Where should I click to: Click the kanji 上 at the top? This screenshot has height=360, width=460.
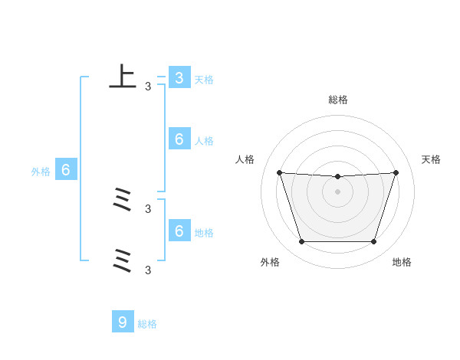(122, 77)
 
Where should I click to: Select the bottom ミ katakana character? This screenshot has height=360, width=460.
(122, 260)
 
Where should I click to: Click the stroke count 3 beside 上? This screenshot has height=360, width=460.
(148, 87)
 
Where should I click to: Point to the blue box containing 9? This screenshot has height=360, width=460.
(123, 322)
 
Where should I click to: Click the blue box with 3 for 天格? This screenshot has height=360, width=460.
(179, 78)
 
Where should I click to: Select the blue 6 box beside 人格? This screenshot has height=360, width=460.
(179, 139)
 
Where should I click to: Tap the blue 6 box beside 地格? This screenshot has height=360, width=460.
(179, 231)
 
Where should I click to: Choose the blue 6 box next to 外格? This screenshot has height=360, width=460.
(65, 170)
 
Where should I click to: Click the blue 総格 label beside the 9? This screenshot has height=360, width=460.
(147, 324)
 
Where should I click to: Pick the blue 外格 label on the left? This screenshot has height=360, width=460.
(41, 172)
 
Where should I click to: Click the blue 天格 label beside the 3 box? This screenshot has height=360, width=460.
(204, 80)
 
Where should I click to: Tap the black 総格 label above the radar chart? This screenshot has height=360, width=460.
(338, 100)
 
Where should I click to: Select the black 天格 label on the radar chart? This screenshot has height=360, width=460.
(432, 159)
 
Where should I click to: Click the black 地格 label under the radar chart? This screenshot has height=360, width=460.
(402, 262)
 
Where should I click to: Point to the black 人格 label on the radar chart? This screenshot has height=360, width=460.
(245, 159)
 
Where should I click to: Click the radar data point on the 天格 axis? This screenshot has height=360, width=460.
(396, 172)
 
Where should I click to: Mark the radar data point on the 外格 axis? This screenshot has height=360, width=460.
(301, 242)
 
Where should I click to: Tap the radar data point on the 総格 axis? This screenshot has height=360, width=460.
(337, 177)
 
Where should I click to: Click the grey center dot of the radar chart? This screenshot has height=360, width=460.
(337, 191)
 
